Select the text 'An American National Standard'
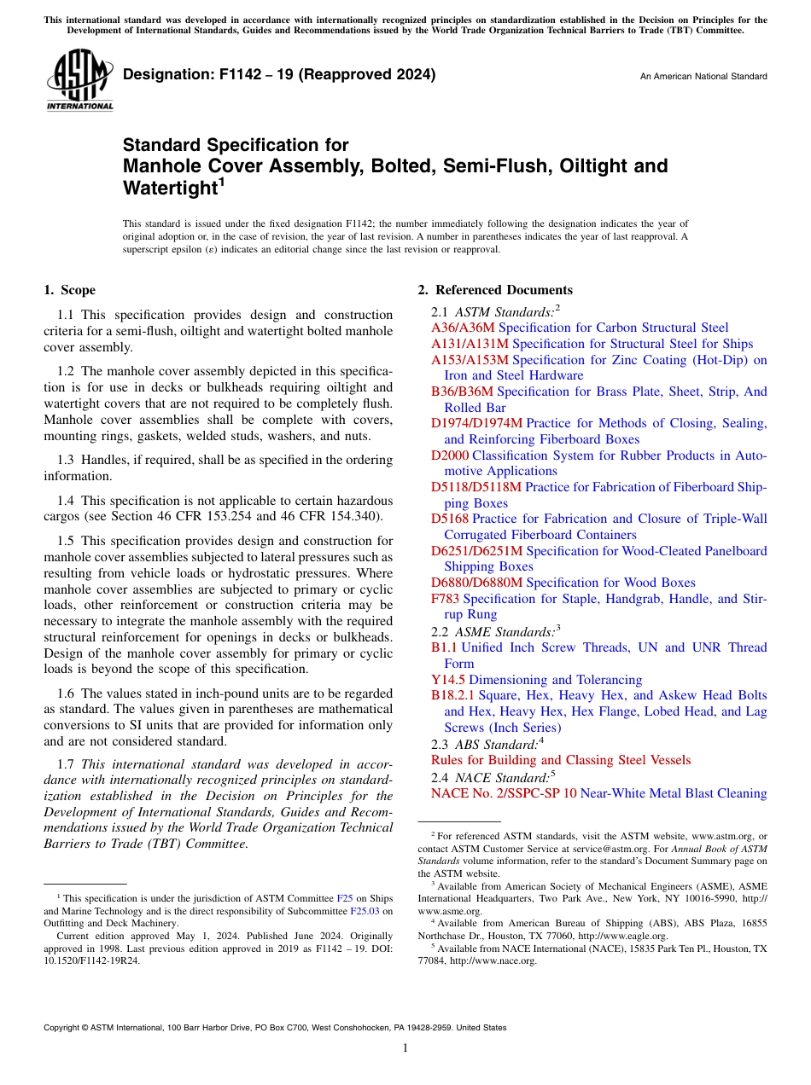[703, 77]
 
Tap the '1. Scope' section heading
[70, 290]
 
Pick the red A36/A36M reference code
[463, 328]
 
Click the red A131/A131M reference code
[470, 344]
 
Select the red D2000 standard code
[450, 455]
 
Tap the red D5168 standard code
[450, 519]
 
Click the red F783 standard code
[445, 599]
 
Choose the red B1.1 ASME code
[444, 647]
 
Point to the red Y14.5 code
[448, 680]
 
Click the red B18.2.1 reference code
[452, 696]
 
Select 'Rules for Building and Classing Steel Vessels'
[561, 760]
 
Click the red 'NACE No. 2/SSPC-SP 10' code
[504, 793]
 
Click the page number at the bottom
[405, 1047]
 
